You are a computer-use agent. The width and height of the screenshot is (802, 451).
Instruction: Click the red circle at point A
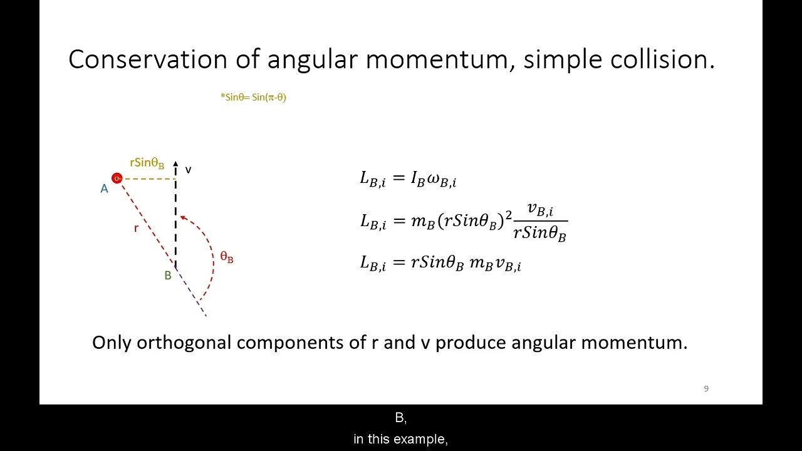pyautogui.click(x=117, y=179)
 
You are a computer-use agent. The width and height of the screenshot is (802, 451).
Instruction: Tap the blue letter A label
pyautogui.click(x=105, y=189)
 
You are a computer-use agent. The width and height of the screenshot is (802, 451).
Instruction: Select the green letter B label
pyautogui.click(x=168, y=275)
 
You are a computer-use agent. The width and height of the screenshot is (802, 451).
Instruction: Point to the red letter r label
pyautogui.click(x=136, y=228)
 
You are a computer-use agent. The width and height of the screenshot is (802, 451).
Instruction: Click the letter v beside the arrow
pyautogui.click(x=188, y=170)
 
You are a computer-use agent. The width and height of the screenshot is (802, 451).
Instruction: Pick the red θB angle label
pyautogui.click(x=227, y=257)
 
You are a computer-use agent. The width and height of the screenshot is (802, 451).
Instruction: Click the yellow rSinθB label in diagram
pyautogui.click(x=147, y=163)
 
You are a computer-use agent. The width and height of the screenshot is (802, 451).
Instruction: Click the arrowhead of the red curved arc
pyautogui.click(x=183, y=217)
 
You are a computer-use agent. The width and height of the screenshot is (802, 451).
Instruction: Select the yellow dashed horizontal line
pyautogui.click(x=149, y=179)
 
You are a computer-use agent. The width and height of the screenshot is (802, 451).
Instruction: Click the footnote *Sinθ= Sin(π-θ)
pyautogui.click(x=253, y=97)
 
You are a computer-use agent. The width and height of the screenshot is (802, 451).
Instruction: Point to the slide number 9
pyautogui.click(x=706, y=388)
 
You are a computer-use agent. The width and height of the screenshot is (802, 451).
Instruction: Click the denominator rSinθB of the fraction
pyautogui.click(x=539, y=233)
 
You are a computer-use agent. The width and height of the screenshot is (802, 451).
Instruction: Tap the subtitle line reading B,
pyautogui.click(x=401, y=418)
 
